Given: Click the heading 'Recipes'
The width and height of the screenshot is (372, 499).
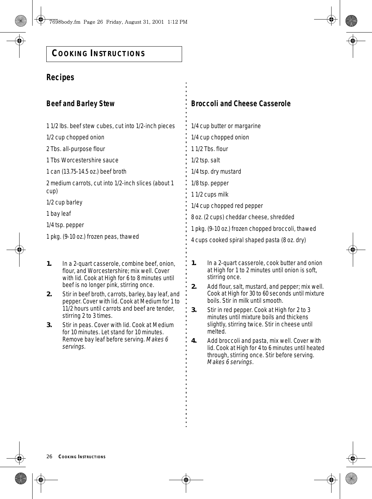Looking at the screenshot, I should (x=60, y=77).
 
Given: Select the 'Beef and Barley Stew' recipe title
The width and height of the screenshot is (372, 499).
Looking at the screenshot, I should (x=81, y=103).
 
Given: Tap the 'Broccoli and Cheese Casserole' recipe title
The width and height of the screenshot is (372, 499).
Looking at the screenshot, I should (x=241, y=103).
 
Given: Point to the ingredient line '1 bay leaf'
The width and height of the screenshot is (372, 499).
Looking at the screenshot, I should (x=59, y=214).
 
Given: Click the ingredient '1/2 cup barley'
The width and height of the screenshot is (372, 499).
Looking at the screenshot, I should (x=64, y=202).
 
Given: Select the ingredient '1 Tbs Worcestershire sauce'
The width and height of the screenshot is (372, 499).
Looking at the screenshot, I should (x=82, y=160).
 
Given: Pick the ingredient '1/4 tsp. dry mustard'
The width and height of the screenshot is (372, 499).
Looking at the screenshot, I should (x=216, y=172).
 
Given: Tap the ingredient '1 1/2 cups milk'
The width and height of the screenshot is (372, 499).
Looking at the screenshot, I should (x=209, y=195).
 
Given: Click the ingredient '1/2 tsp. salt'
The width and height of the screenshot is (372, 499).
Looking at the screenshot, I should (x=205, y=160).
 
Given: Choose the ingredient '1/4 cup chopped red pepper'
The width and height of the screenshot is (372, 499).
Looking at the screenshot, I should (x=227, y=206).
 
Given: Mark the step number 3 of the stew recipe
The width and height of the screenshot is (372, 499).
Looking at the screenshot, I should (x=49, y=325).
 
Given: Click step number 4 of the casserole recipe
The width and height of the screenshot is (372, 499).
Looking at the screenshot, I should (x=194, y=340).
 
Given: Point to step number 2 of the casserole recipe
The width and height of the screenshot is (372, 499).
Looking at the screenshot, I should (x=194, y=286).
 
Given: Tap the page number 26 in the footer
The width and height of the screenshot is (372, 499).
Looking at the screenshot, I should (x=49, y=457).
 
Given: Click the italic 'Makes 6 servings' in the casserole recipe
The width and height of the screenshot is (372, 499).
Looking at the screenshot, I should (x=230, y=362).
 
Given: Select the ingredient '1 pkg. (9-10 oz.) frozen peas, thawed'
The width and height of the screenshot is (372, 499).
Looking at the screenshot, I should (x=93, y=237).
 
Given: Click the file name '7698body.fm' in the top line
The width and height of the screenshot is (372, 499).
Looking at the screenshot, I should (x=65, y=22).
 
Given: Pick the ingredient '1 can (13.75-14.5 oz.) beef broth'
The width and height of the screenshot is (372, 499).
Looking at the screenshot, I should (x=86, y=172).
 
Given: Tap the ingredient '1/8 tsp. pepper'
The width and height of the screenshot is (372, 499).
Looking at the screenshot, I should (x=210, y=183).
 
